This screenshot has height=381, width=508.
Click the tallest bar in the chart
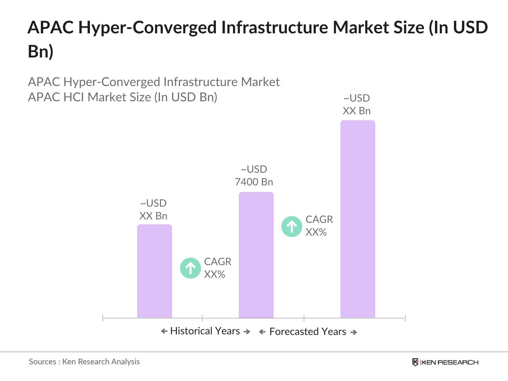coord(358,219)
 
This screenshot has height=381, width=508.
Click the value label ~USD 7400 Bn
coord(254,176)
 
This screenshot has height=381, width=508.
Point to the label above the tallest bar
coord(357,104)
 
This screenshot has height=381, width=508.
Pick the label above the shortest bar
coord(153,210)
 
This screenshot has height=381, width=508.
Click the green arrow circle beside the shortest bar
coord(190,268)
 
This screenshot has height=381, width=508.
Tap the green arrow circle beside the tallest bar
coord(291,226)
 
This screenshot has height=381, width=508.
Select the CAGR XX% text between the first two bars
coord(217,268)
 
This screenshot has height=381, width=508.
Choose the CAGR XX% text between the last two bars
coord(319,226)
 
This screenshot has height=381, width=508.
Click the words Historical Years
coord(205,331)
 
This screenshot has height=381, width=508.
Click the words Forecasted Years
coord(308,332)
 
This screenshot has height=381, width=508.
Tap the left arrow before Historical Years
coord(164,331)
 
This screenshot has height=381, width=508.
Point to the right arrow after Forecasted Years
coord(354,332)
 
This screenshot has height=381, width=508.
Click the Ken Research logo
coord(445,362)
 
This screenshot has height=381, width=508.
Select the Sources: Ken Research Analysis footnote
coord(84,362)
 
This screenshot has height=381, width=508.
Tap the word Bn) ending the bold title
coord(40,51)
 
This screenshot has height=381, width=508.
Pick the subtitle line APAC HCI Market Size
coord(123,97)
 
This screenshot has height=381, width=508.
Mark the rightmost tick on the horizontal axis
coord(405,318)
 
